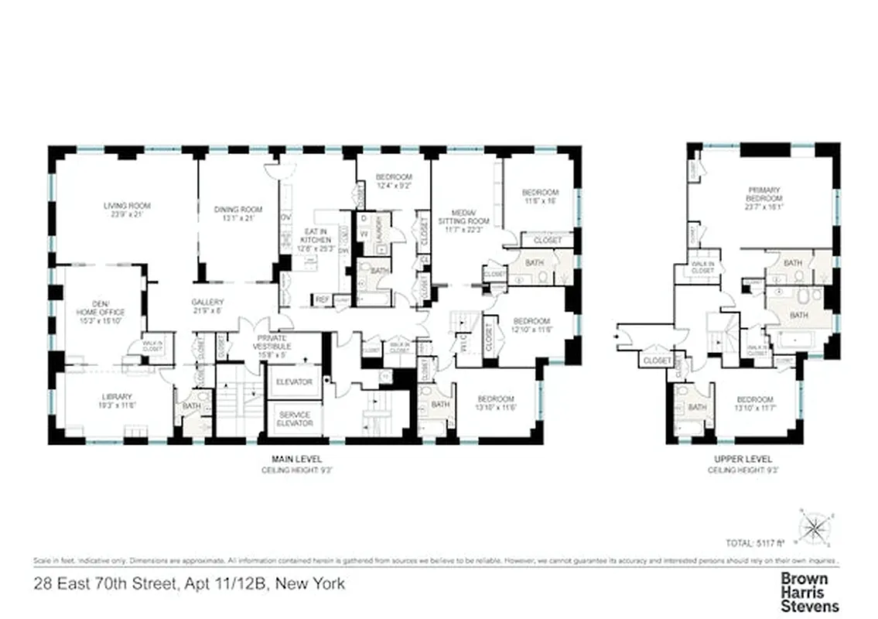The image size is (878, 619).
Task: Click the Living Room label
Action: point(127,210)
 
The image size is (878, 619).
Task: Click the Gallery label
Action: point(207,306)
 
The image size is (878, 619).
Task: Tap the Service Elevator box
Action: point(295,419)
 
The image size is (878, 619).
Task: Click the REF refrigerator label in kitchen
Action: point(322,299)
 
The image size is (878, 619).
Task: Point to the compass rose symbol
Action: point(814,528)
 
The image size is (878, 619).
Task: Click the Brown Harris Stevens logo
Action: point(809,592)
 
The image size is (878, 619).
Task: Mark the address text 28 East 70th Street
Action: point(190,583)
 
